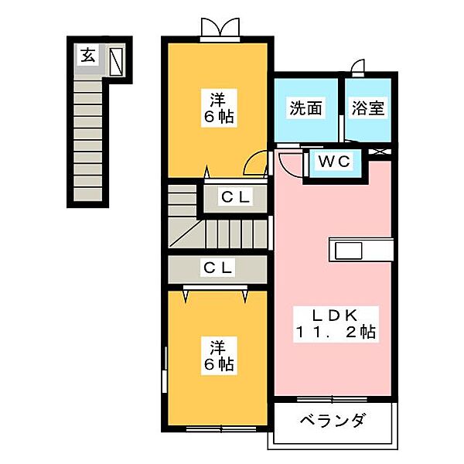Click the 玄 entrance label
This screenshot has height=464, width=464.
[x=88, y=55]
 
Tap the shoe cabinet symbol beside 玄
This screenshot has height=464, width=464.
[x=116, y=60]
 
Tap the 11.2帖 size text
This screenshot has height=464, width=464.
[x=334, y=333]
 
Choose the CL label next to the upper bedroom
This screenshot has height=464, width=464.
[x=234, y=198]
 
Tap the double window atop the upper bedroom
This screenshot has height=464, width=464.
[x=217, y=29]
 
